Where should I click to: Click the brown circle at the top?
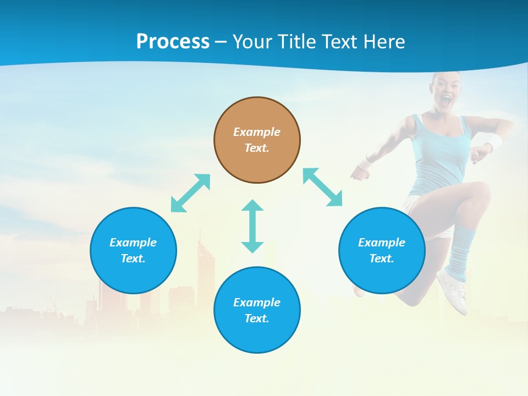coord(257,140)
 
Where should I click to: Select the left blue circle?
coord(133,250)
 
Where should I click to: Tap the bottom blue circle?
coord(257,310)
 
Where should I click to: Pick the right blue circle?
coord(382,250)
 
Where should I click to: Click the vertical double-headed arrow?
coord(252,226)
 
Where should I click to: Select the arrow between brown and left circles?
coord(190,193)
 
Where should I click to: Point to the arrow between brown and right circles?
coord(322,187)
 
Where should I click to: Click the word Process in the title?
coord(173,41)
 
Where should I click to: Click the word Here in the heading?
coord(385,41)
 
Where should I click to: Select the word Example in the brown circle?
coord(257,132)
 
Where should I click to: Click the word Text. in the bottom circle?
coord(257,318)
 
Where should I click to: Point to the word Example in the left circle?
coord(133,243)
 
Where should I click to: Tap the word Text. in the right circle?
coord(382,258)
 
